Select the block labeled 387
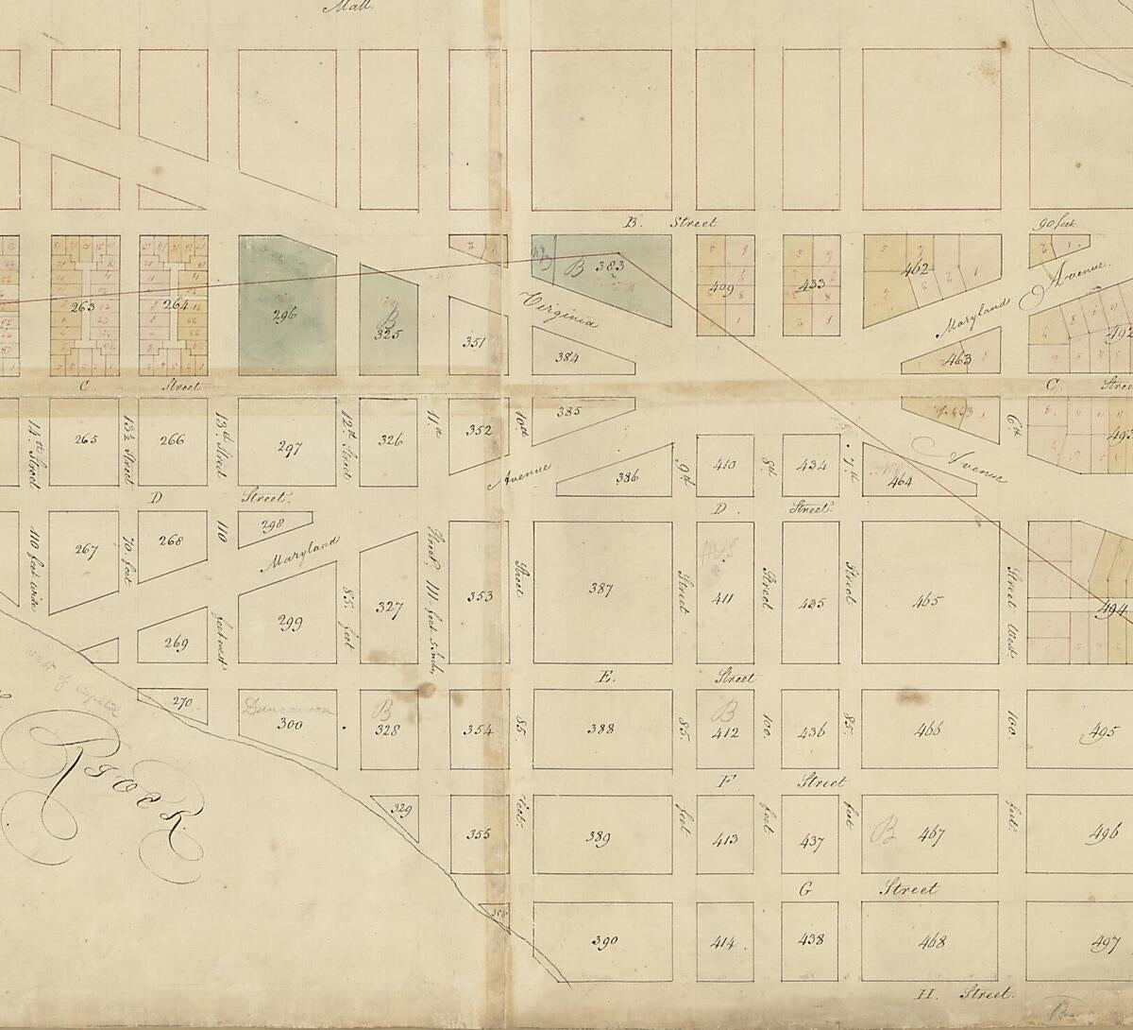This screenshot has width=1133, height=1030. point(600,591)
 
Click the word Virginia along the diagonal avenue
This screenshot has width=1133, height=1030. point(559,308)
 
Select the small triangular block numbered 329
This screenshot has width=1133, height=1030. point(402,809)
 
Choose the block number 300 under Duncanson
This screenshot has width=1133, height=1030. point(289,724)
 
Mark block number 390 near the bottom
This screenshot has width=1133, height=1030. point(603,940)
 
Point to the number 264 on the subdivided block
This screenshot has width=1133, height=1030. point(176,305)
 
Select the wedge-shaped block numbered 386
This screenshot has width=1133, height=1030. point(627,477)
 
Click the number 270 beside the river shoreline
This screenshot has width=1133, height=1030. point(182,702)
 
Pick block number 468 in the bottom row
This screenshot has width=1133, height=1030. point(930,940)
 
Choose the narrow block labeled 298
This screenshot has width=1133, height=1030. point(273,524)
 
